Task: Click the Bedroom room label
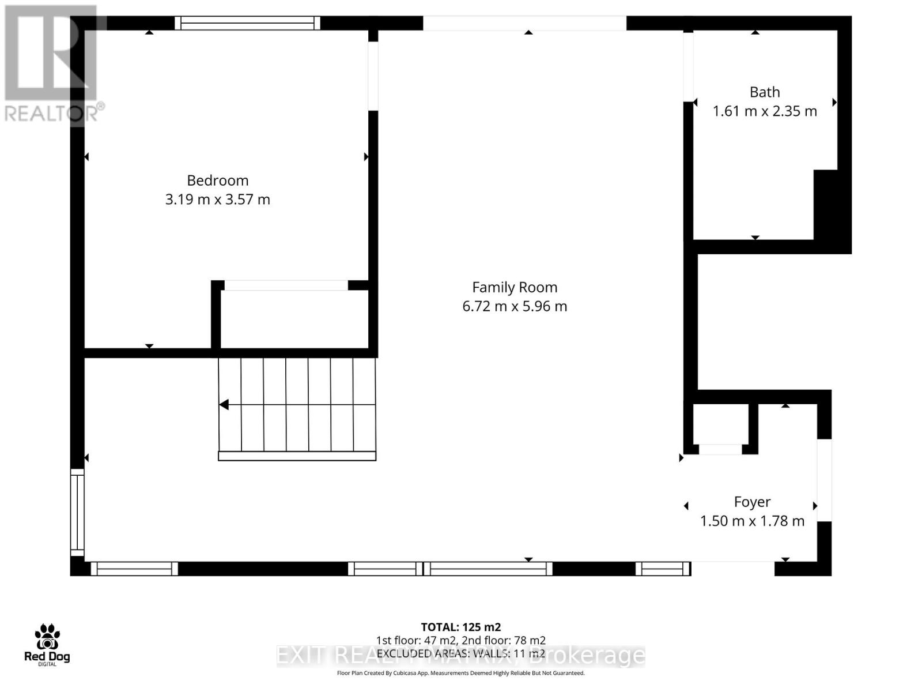217,180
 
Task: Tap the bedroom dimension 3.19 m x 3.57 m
217,200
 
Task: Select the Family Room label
515,287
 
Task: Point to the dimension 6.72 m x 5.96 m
515,306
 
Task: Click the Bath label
765,92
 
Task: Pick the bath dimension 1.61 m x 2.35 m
765,111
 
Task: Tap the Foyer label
752,502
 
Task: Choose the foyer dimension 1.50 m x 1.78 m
752,521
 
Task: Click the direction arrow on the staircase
224,405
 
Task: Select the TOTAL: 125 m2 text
460,627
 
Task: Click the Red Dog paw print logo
47,637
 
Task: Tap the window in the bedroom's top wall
247,23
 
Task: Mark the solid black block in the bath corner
832,210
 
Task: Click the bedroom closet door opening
286,285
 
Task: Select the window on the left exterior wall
77,512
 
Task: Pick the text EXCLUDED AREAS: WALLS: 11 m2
460,653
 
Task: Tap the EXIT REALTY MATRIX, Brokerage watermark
460,656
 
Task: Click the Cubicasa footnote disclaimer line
460,673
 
